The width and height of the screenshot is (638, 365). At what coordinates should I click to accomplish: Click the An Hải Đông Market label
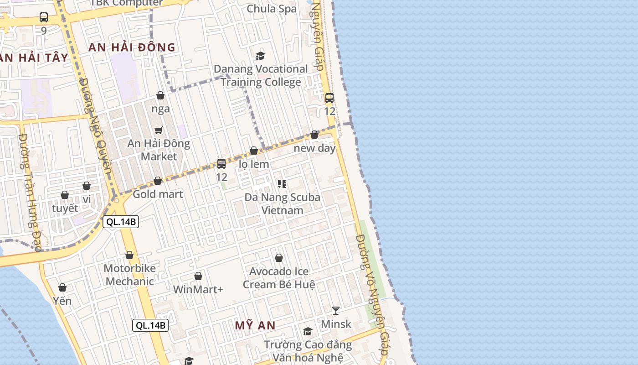(x=159, y=150)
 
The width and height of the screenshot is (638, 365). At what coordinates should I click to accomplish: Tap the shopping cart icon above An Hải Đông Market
(x=159, y=130)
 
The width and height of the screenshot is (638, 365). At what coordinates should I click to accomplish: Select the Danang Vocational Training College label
(x=261, y=75)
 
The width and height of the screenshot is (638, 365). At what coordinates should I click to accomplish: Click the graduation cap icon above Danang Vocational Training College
(x=260, y=56)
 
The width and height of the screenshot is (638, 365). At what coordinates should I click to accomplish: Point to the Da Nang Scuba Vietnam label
(x=282, y=203)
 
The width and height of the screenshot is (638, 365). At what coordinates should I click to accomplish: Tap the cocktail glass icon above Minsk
(x=336, y=311)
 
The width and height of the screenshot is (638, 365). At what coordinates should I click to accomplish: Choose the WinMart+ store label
(x=198, y=289)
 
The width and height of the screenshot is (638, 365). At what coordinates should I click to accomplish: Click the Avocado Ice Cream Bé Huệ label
(x=279, y=278)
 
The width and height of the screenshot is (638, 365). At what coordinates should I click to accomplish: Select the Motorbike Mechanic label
(x=130, y=275)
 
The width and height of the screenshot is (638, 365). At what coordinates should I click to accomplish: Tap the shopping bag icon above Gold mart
(x=158, y=181)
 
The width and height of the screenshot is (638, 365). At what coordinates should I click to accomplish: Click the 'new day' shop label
(x=314, y=148)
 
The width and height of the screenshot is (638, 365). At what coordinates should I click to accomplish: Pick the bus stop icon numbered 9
(x=44, y=18)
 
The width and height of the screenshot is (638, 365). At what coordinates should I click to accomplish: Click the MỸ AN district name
(x=255, y=325)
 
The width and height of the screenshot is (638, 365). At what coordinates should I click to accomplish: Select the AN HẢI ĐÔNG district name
(x=132, y=47)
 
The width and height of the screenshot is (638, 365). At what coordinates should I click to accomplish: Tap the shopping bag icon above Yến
(x=62, y=287)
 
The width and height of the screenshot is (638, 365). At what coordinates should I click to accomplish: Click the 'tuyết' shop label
(x=65, y=208)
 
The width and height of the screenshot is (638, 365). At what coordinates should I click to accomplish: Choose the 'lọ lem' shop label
(x=254, y=164)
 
